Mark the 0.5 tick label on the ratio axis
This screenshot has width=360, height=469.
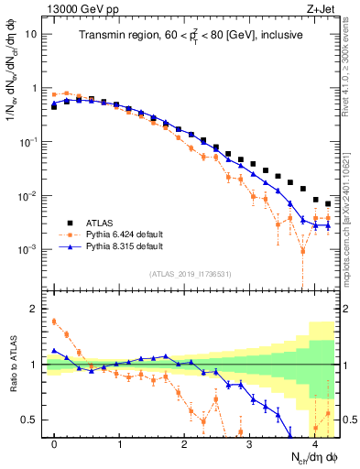click(x=30, y=420)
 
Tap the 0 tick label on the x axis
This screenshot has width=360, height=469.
click(x=55, y=444)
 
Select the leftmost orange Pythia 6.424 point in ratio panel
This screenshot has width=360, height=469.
click(x=55, y=322)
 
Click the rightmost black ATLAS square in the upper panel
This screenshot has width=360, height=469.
click(x=328, y=204)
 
